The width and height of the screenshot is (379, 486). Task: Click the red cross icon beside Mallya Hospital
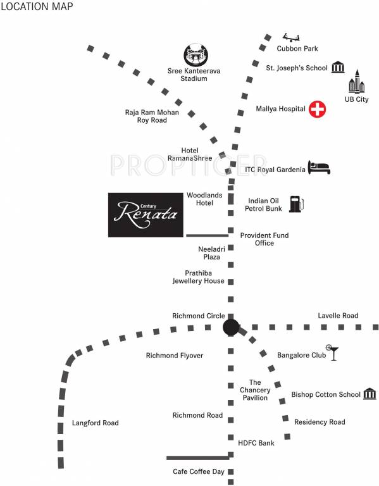tap(317, 109)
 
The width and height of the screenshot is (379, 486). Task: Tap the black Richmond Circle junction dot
tap(231, 327)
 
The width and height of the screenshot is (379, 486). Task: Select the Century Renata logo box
tap(143, 215)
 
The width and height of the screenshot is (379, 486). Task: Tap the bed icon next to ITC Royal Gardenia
tap(319, 168)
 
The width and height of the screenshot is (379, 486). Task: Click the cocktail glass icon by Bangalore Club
tap(332, 352)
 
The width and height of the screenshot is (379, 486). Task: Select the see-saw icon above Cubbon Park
tap(291, 35)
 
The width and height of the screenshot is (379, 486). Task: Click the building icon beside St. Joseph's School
tap(338, 67)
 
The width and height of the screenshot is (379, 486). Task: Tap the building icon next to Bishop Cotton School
tap(370, 394)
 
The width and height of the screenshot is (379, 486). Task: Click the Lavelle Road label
tap(338, 315)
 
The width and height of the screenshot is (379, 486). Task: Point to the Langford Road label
tap(96, 423)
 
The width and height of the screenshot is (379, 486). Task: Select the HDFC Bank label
tap(256, 443)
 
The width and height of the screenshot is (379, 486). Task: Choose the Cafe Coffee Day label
tap(199, 471)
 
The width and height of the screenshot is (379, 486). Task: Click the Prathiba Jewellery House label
tap(199, 277)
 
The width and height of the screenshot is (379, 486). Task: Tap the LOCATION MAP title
tap(36, 7)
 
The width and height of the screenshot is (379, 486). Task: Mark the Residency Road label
tap(320, 421)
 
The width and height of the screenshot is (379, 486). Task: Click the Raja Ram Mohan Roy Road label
tap(152, 116)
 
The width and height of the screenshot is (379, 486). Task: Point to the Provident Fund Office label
tap(264, 239)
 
